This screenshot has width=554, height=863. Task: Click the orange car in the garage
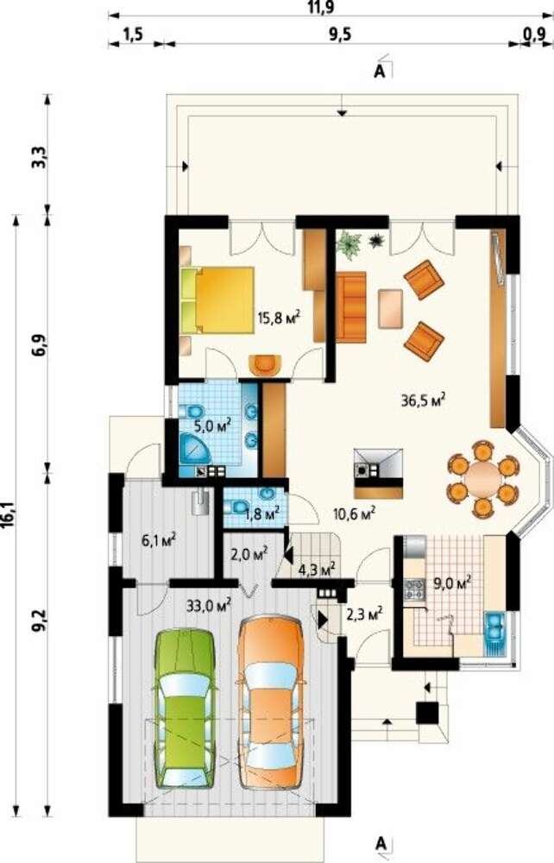point(270,701)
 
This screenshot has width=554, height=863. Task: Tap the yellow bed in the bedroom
point(217,300)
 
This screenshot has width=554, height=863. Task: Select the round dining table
point(482,479)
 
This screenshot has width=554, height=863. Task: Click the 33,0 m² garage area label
point(208,607)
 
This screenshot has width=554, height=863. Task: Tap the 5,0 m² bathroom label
point(211,425)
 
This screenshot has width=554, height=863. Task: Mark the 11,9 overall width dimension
point(320,7)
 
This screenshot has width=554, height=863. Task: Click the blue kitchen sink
point(495,633)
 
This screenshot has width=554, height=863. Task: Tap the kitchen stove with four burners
point(414,589)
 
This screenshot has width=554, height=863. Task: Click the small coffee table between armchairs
point(390,308)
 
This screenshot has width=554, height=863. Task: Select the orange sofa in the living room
point(351,306)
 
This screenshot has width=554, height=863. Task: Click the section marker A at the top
point(379,72)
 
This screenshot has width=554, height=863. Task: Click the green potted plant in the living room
point(349,243)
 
